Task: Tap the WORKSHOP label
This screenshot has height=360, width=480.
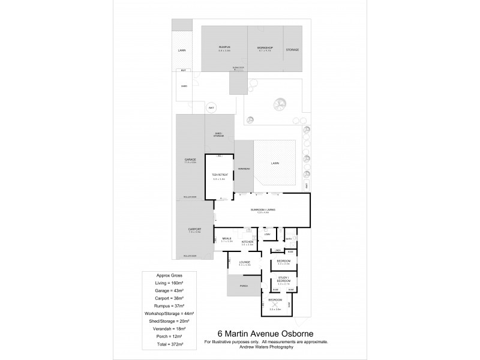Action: pos(265,47)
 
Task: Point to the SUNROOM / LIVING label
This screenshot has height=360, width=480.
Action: pos(263,209)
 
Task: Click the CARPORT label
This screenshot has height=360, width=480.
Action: pos(194,230)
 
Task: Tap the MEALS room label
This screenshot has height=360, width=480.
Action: pos(226,238)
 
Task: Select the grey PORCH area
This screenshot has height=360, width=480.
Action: pos(243,285)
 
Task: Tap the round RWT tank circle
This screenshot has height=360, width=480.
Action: pos(211,108)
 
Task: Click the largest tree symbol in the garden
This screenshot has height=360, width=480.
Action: pos(278,104)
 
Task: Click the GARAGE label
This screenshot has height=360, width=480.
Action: pos(190,160)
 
